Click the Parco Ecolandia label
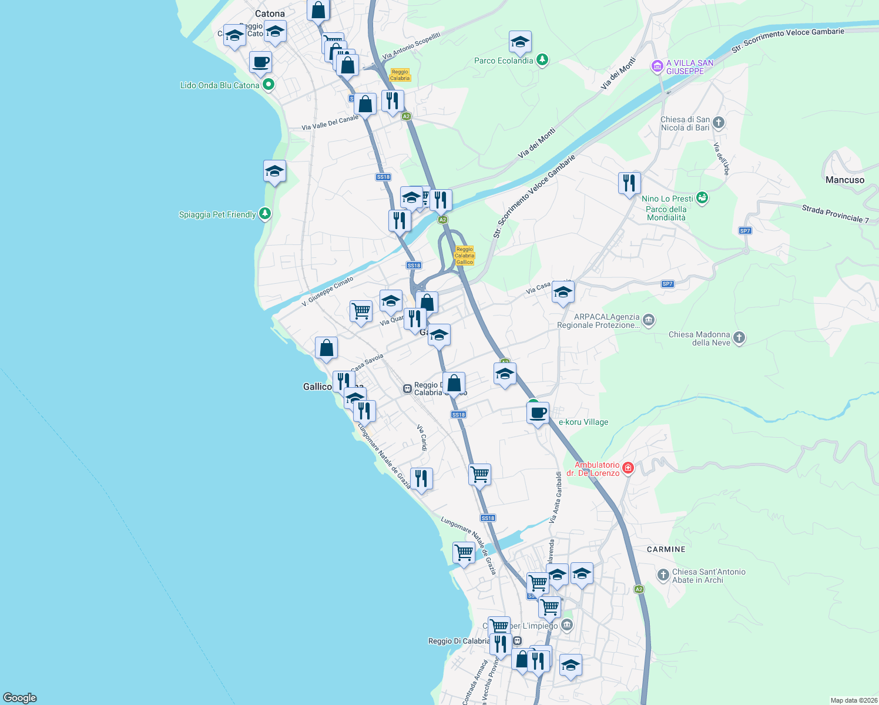(504, 61)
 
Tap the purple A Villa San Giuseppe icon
(657, 67)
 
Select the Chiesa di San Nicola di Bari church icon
(719, 123)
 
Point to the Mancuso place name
(845, 180)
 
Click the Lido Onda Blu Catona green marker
(269, 85)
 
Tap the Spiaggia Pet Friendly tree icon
(265, 213)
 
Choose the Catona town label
(270, 14)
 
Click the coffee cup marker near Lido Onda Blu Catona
(260, 62)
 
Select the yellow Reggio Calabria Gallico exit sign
(464, 256)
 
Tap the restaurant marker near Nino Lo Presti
(629, 183)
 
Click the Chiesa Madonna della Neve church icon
(739, 338)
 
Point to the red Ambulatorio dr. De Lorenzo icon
(628, 468)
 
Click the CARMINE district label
(666, 549)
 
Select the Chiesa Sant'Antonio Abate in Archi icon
(663, 575)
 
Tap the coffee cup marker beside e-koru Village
(538, 413)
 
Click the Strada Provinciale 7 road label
(835, 213)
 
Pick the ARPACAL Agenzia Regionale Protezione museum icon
(649, 320)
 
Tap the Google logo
(20, 698)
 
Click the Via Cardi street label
(421, 438)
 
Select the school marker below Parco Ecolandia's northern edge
(520, 42)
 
